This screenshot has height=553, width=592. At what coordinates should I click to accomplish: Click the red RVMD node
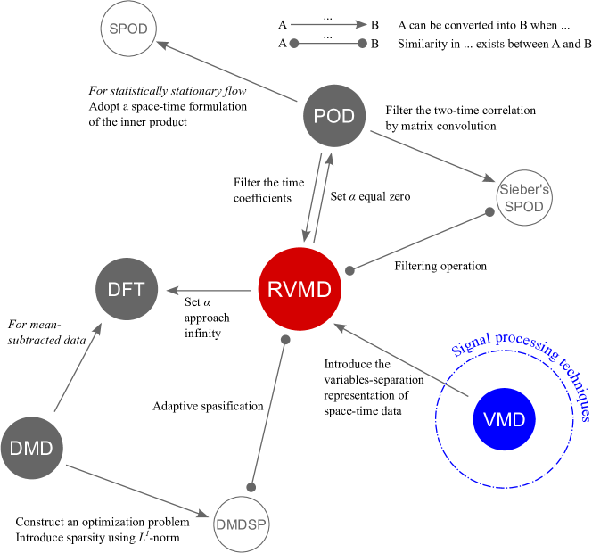coord(300,289)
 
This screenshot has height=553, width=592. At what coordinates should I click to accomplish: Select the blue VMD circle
coord(504,419)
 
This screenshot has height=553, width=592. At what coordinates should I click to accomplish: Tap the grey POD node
coord(334,117)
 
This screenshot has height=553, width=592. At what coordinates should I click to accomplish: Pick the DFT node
coord(127,289)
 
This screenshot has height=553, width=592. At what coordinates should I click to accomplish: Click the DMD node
coord(31,448)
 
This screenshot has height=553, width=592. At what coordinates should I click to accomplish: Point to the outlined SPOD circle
coord(128,29)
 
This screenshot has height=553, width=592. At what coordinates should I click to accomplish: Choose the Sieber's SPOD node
coord(524,198)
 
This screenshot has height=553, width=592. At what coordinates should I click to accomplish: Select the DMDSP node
coord(241,524)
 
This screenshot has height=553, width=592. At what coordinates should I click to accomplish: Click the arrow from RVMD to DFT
coord(207,290)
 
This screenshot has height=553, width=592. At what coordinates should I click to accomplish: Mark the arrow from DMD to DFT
coord(78,367)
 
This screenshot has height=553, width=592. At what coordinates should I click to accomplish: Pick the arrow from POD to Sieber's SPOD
coord(432,155)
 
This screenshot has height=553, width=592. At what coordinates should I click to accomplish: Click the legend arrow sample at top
coord(328,24)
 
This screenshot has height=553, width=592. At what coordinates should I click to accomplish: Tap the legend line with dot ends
coord(328,43)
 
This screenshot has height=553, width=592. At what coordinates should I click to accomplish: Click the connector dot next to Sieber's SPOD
coord(489,212)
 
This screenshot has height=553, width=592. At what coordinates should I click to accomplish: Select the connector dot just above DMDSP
coord(251,487)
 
